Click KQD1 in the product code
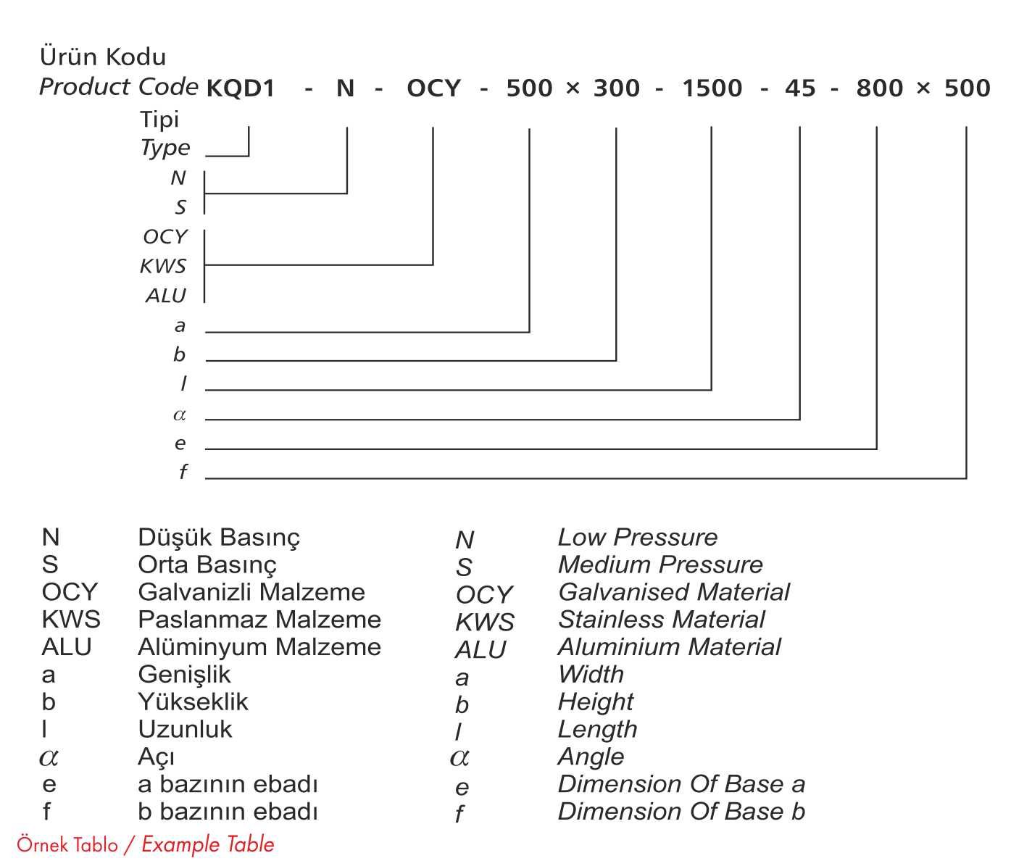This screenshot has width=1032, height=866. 241,88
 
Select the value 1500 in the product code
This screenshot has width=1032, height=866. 712,88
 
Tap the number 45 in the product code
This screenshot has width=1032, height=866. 800,88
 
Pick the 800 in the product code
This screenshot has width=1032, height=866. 879,88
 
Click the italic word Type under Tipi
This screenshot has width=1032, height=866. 165,148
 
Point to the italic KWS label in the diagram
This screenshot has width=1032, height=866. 163,266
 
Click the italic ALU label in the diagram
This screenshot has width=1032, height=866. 165,296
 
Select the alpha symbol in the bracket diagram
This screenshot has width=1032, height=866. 180,415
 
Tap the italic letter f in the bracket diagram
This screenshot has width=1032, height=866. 183,472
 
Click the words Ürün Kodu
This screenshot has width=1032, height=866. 103,57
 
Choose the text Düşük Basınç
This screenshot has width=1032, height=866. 218,538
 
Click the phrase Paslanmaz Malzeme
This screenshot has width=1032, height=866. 259,620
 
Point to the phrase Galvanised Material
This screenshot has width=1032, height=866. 673,592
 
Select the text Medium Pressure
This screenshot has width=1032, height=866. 660,565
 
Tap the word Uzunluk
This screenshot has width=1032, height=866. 185,729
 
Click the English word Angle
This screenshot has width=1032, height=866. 591,757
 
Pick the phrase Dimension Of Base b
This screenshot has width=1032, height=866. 681,812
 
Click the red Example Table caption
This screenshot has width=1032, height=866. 208,844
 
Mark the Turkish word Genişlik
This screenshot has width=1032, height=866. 184,675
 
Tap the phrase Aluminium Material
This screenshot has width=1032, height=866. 669,647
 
